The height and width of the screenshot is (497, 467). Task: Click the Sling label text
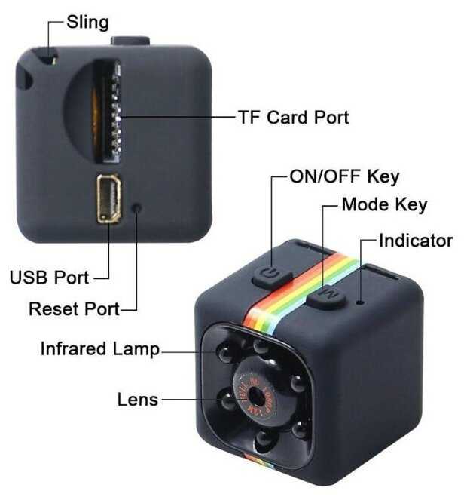[87, 23]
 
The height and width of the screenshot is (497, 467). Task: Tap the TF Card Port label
[294, 118]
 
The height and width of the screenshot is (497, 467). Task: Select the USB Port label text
[50, 278]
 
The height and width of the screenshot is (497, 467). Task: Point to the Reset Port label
[75, 309]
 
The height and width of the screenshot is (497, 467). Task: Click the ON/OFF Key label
[344, 176]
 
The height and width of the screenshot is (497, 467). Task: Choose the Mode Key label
[385, 205]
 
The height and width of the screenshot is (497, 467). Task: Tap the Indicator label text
[416, 241]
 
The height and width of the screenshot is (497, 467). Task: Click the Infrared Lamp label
[100, 349]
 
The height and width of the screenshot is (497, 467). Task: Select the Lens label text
[138, 400]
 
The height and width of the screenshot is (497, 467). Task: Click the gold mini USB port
[109, 199]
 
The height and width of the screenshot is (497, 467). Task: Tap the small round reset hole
[137, 208]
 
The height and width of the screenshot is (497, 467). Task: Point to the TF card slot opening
[106, 111]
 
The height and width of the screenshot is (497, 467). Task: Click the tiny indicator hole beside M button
[360, 302]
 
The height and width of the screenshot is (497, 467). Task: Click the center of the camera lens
[256, 396]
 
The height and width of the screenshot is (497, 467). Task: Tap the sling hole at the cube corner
[24, 77]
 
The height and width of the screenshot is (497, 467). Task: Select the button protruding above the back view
[130, 41]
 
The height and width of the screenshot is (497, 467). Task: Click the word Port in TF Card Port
[331, 118]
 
